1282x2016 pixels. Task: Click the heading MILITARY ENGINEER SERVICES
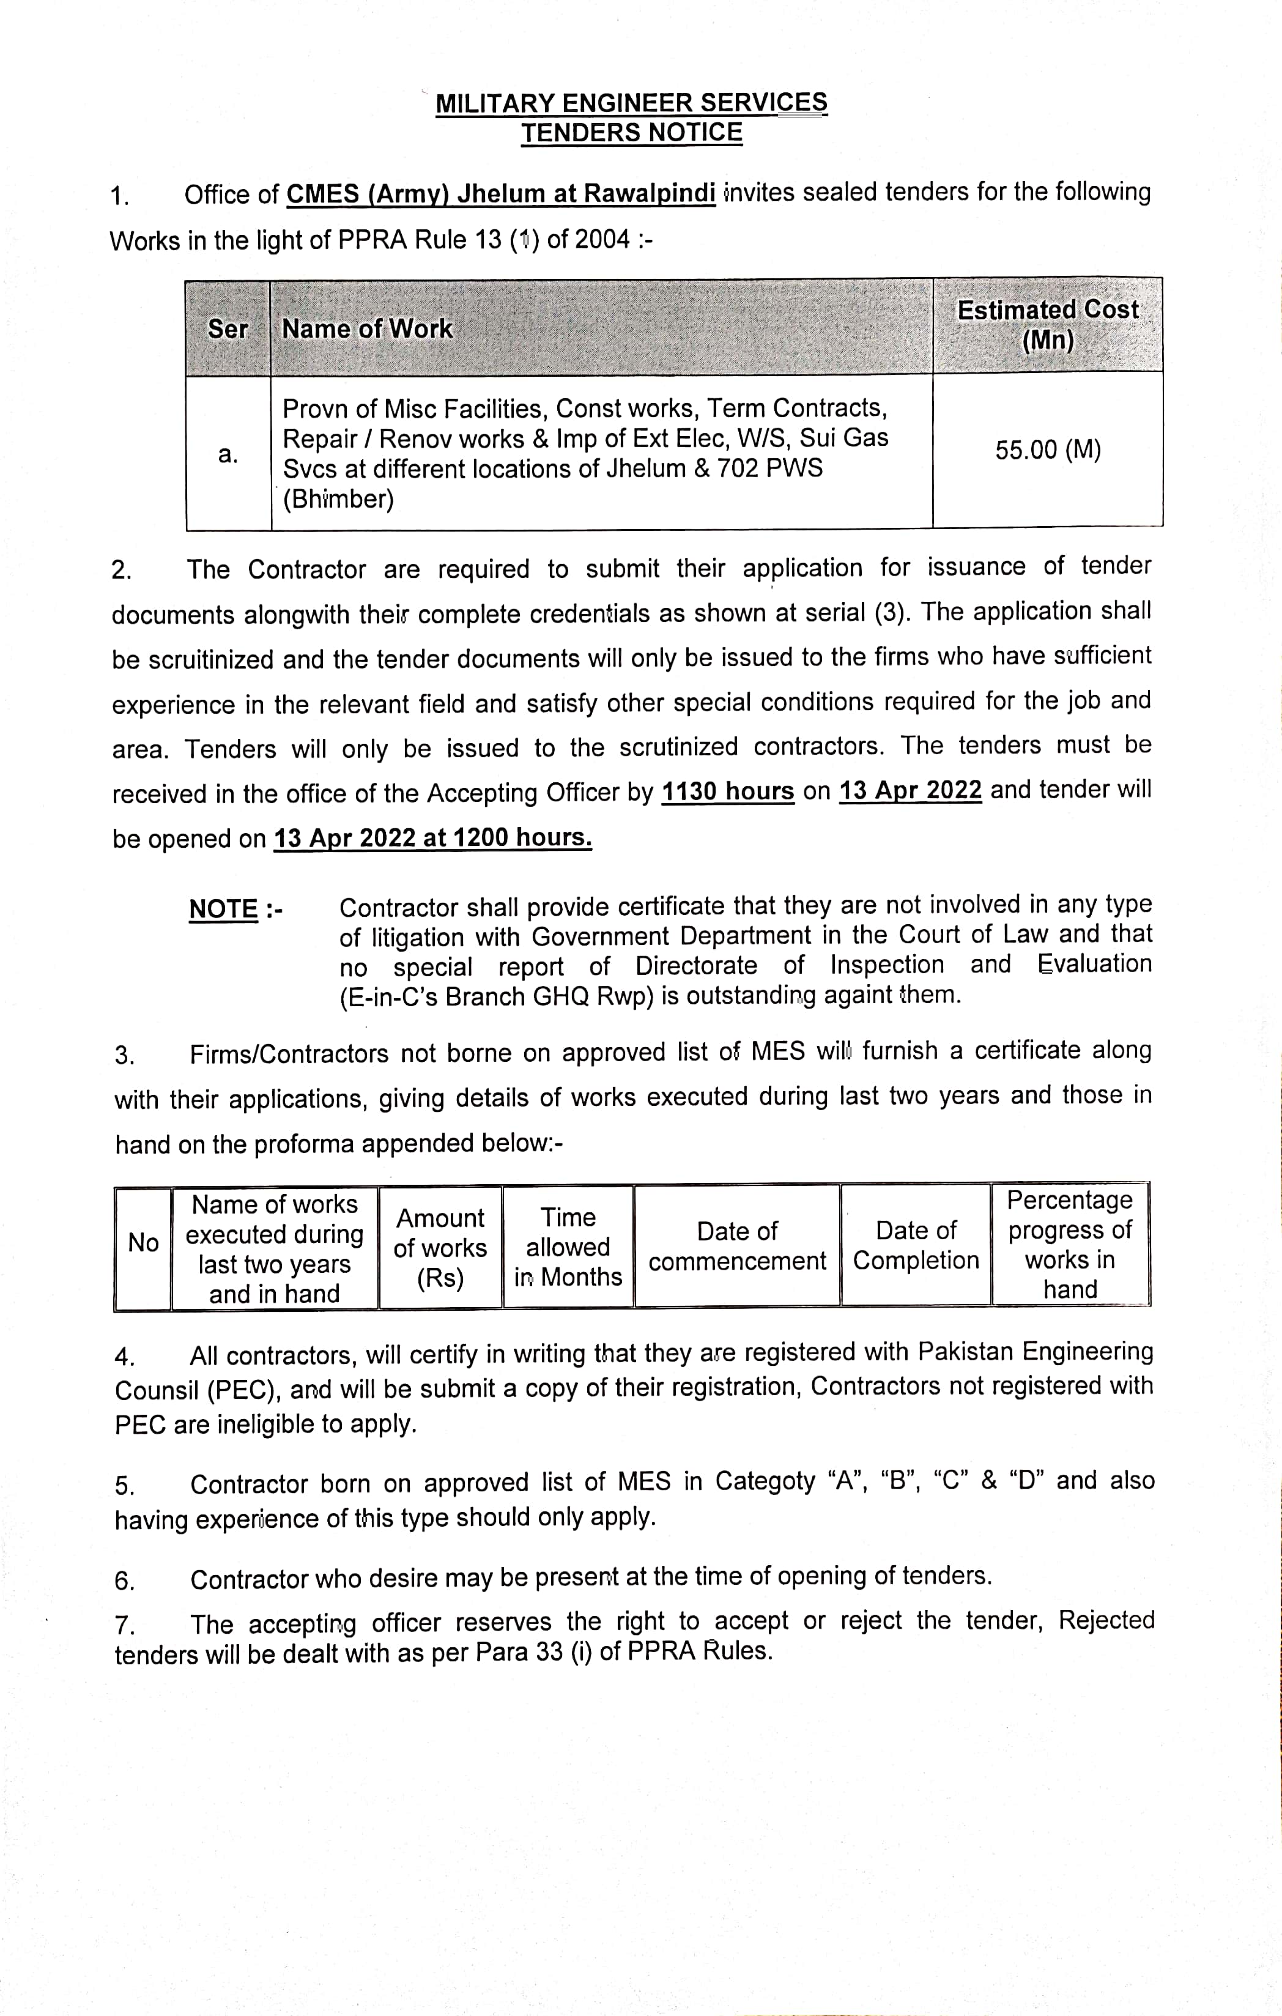[631, 103]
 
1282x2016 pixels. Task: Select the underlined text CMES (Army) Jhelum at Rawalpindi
[501, 195]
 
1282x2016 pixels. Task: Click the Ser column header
[228, 329]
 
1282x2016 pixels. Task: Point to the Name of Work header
[367, 329]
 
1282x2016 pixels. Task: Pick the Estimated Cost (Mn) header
[1048, 325]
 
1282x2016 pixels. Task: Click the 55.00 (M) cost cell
[1048, 450]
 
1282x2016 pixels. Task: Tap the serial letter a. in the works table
[228, 454]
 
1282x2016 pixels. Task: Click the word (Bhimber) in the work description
[338, 500]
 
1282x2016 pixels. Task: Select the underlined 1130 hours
[728, 791]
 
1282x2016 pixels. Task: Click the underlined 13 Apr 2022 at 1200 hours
[433, 838]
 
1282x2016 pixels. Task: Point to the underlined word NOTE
[224, 909]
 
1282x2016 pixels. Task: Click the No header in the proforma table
[143, 1243]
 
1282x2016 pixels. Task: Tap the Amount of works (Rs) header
[440, 1247]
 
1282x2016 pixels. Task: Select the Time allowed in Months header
[568, 1247]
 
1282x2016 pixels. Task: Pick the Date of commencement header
[737, 1246]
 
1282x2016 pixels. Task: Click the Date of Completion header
[916, 1246]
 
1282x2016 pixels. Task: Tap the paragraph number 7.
[124, 1626]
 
